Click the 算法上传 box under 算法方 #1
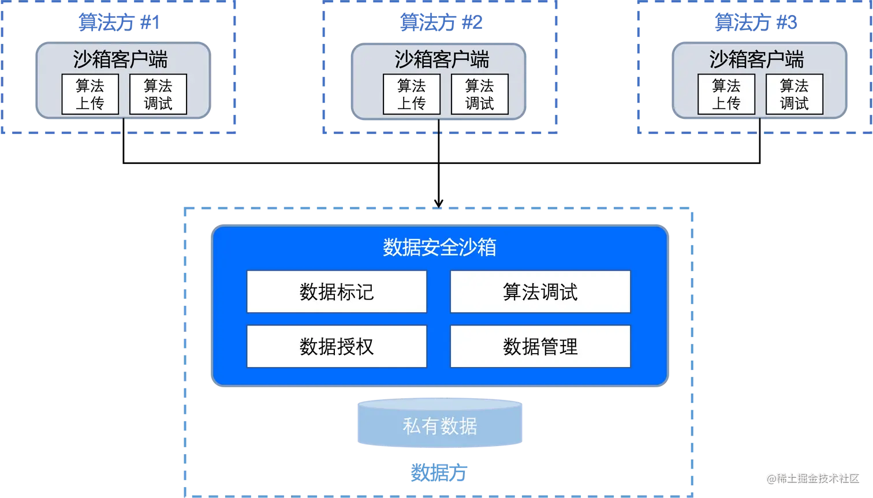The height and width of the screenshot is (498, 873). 90,94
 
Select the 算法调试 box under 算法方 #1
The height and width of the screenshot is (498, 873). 158,94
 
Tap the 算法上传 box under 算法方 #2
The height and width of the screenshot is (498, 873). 411,94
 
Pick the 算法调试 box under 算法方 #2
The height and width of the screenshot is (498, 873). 479,94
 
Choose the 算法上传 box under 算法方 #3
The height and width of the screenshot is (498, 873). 726,94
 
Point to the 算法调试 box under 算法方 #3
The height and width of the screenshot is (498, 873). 794,94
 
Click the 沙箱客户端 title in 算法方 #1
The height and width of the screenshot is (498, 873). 120,59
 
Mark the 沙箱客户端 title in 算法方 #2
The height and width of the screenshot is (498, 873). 442,59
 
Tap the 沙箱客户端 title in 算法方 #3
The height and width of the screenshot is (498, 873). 756,59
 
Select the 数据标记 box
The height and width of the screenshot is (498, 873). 337,291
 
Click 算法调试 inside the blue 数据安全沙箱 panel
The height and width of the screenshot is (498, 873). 540,291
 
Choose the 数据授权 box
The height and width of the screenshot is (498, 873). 337,346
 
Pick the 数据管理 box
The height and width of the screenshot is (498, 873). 540,346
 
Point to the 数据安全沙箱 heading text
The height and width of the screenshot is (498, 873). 439,247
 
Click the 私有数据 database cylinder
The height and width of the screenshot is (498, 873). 440,426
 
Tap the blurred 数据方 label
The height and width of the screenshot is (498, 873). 439,473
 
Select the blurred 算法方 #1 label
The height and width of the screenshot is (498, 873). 118,23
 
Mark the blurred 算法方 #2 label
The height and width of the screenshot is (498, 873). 441,23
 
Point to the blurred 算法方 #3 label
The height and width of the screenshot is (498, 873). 755,23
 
